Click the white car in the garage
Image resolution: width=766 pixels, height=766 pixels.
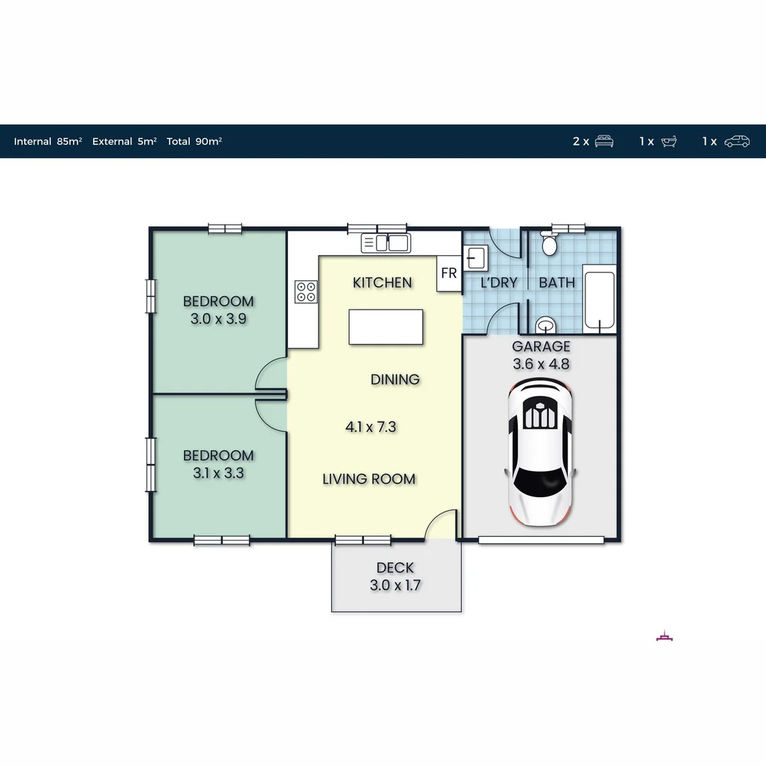pos(540,452)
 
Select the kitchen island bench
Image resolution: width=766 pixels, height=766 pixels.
pos(386,328)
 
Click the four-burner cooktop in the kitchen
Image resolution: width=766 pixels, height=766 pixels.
pos(306,292)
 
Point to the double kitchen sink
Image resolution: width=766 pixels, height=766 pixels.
pos(385,243)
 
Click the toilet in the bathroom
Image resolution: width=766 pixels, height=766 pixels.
pos(549,245)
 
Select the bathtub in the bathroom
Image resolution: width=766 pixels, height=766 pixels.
pos(600,299)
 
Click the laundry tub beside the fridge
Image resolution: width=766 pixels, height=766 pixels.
pos(474,257)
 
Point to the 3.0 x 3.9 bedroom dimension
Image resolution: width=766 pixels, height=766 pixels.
pos(218,319)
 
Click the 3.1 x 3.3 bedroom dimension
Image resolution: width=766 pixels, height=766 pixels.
pos(218,473)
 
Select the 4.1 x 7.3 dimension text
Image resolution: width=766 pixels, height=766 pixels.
pos(370,427)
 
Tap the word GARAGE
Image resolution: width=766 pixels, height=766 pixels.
pos(541,346)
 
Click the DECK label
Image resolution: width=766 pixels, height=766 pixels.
pos(395,567)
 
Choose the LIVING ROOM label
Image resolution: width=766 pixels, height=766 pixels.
pos(369,479)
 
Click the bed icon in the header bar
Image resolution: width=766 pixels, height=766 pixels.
pos(604,141)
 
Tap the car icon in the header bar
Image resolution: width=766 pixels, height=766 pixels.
pos(736,141)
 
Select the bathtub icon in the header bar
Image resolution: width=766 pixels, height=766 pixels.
pos(669,141)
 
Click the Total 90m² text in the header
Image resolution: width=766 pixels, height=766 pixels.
pos(194,141)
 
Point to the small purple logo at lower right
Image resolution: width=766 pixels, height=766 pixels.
pos(665,636)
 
